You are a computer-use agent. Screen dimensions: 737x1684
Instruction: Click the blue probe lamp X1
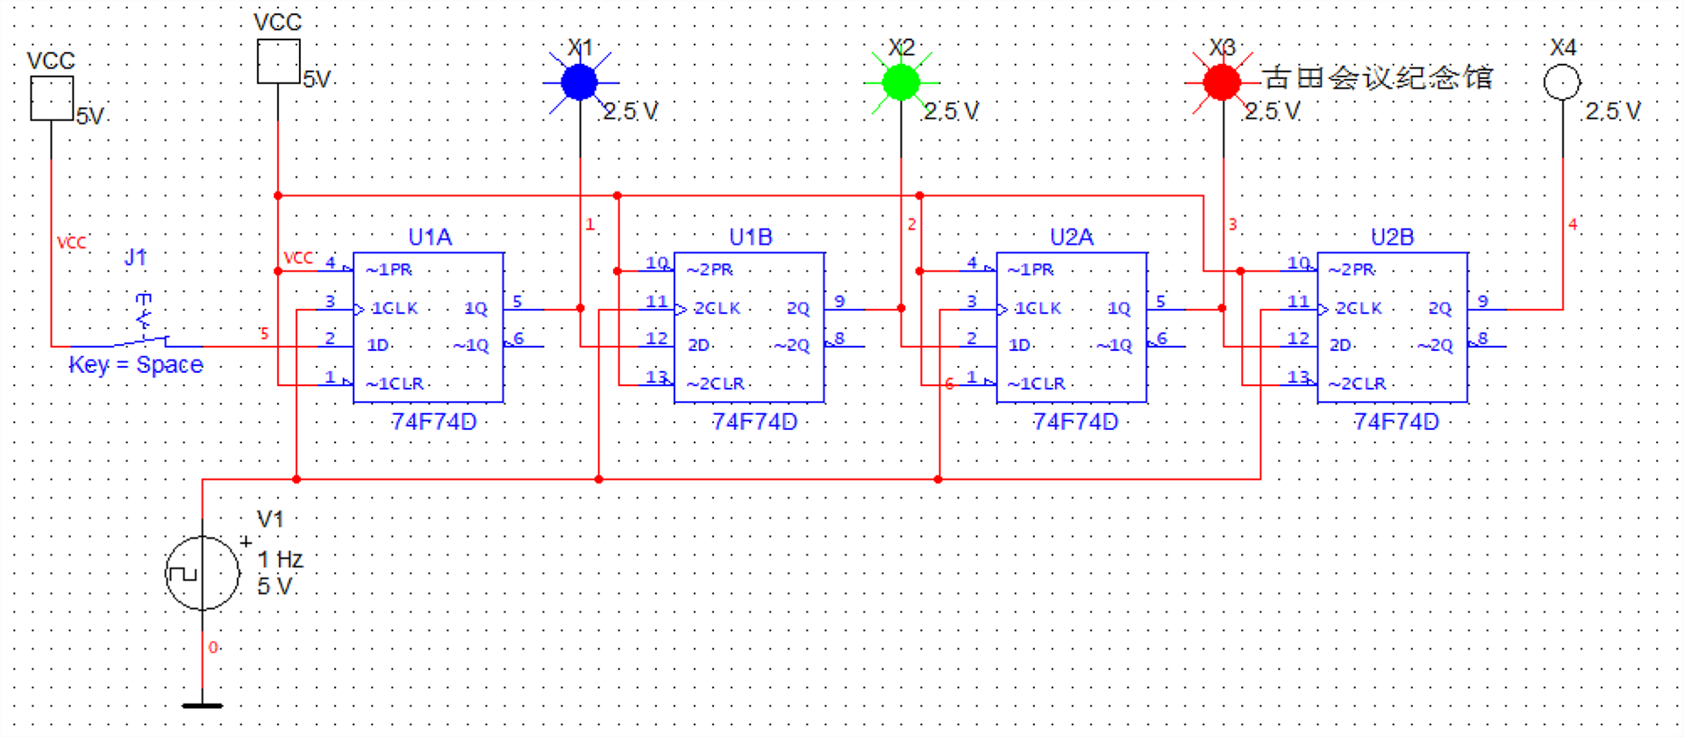point(579,83)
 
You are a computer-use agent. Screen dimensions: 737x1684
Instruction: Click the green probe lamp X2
point(901,83)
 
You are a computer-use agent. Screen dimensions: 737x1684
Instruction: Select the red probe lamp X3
point(1222,83)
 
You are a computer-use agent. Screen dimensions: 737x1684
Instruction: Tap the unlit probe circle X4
point(1562,83)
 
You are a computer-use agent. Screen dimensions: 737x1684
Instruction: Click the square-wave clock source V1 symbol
point(203,575)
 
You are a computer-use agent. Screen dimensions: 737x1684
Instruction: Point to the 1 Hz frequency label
point(280,560)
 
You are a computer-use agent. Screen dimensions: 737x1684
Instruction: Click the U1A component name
point(430,237)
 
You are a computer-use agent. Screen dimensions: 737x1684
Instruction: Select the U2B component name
point(1392,237)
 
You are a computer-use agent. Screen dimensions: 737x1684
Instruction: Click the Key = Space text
point(136,364)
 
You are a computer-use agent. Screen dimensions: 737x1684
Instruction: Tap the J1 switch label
point(135,257)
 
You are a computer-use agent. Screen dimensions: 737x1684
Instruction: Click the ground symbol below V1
point(203,704)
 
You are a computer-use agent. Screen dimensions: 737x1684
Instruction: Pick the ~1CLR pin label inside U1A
point(395,384)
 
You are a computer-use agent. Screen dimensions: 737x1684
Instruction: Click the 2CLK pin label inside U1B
point(717,309)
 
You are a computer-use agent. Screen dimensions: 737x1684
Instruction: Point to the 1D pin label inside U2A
point(1019,346)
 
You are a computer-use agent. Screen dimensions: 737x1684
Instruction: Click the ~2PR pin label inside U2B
point(1352,270)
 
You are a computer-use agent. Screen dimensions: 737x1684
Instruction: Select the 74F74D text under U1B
point(754,422)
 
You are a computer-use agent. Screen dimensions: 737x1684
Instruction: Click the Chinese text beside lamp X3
point(1378,78)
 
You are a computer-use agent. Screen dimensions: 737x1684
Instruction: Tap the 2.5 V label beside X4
point(1612,111)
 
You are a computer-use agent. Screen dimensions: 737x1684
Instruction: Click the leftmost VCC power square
point(52,98)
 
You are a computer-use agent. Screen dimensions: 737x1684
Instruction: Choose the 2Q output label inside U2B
point(1439,309)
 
